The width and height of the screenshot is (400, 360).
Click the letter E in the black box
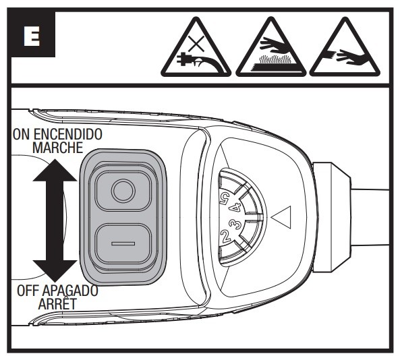(x=32, y=36)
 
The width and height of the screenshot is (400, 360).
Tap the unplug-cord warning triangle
(x=196, y=49)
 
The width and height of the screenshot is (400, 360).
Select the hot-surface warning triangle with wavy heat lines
(x=271, y=49)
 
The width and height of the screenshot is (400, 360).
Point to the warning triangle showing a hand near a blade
(x=345, y=49)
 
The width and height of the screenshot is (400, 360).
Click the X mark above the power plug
(x=196, y=44)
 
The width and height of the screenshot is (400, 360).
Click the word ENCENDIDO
(x=68, y=134)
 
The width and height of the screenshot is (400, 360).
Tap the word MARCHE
(x=58, y=148)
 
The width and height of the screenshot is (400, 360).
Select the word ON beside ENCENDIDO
(x=21, y=134)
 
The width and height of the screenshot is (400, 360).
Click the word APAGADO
(x=69, y=291)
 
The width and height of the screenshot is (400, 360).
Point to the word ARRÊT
(x=57, y=303)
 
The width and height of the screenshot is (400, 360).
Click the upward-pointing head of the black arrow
(x=55, y=171)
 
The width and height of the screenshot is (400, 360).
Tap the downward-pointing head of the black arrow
(x=55, y=271)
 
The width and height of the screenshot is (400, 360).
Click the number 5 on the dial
(x=225, y=197)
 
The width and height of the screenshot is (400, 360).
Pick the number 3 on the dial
(x=235, y=224)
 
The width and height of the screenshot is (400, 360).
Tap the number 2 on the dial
(x=225, y=235)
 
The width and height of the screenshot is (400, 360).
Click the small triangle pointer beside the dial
(x=281, y=218)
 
